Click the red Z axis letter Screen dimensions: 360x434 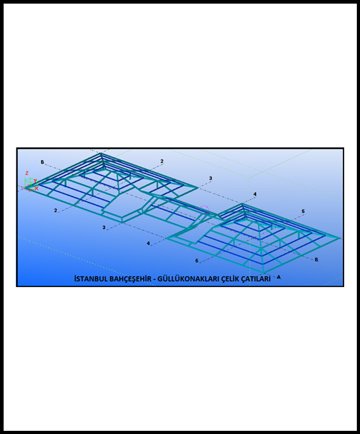[x=27, y=173]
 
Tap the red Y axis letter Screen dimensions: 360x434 [x=35, y=181]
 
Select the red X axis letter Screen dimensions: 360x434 [x=36, y=188]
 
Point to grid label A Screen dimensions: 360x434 [x=279, y=277]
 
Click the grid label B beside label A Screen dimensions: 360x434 [x=316, y=259]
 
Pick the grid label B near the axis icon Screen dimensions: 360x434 [x=43, y=162]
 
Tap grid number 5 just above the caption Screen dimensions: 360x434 [x=197, y=261]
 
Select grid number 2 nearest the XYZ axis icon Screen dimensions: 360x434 [x=55, y=210]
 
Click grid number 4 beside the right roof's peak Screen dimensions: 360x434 [x=255, y=194]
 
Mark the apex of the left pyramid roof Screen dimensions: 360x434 [x=101, y=153]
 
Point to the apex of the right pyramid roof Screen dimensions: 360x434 [x=242, y=204]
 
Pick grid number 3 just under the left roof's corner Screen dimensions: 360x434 [x=104, y=227]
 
